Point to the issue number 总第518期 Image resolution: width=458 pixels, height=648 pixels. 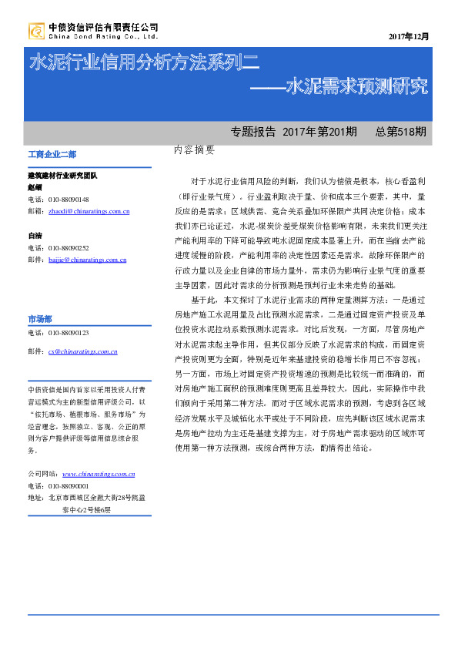pyautogui.click(x=400, y=132)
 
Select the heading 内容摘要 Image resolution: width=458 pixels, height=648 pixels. pyautogui.click(x=195, y=150)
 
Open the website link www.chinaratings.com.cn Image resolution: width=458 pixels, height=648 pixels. pyautogui.click(x=99, y=475)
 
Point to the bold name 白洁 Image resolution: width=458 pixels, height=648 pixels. pyautogui.click(x=35, y=236)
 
